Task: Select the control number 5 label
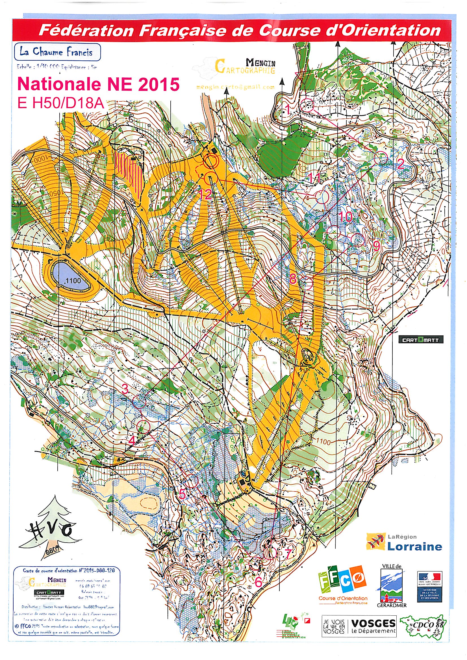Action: pyautogui.click(x=183, y=494)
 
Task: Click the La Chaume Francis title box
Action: pyautogui.click(x=57, y=52)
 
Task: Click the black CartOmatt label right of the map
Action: pyautogui.click(x=420, y=340)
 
